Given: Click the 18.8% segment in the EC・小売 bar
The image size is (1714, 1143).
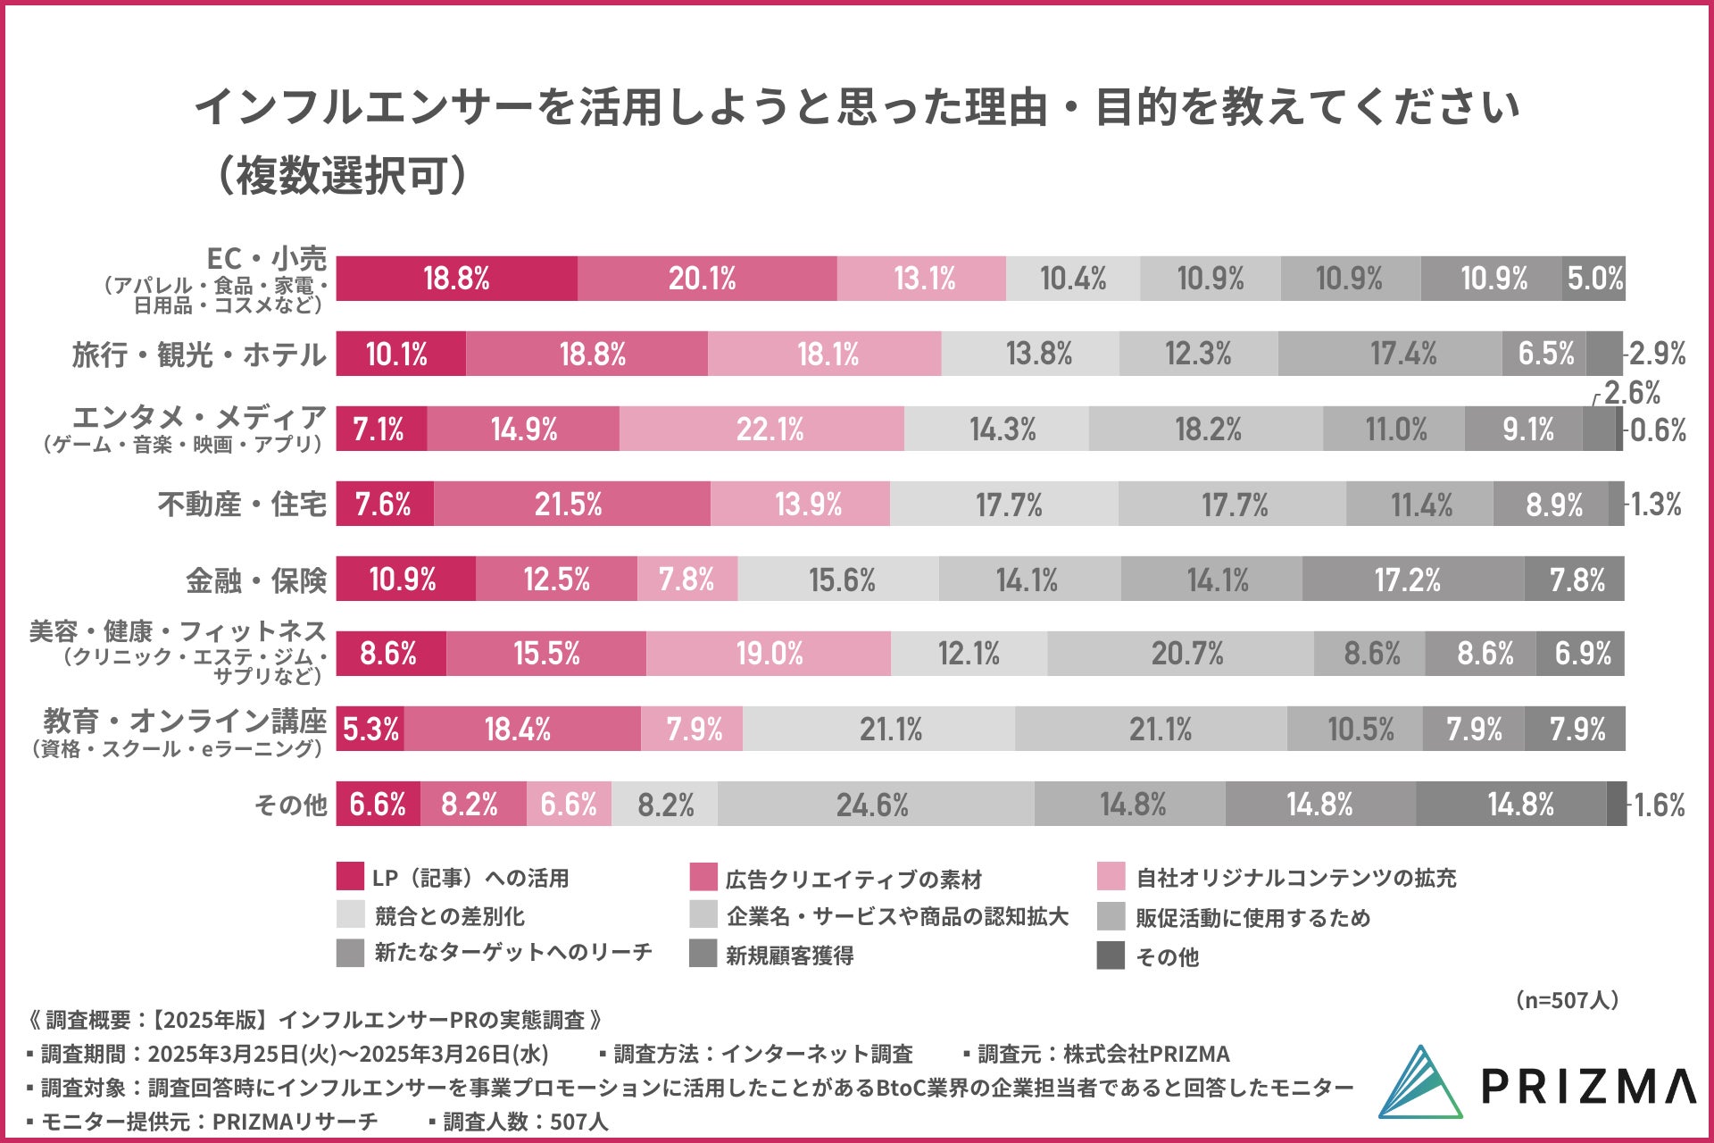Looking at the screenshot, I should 456,279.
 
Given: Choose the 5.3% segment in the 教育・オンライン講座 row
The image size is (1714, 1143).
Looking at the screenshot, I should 370,730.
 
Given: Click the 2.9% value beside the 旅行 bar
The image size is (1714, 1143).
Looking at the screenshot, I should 1658,354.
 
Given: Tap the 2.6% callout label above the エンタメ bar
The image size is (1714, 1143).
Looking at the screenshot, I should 1632,393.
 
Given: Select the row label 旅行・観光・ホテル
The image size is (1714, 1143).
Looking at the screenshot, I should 199,355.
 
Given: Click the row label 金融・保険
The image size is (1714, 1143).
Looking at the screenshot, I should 256,580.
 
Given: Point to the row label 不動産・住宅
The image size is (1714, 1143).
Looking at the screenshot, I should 242,505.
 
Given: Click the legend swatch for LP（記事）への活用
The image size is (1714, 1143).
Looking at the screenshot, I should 350,877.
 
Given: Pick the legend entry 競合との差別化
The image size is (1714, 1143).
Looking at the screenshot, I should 449,916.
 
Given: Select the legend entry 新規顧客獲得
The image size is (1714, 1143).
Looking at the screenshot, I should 789,955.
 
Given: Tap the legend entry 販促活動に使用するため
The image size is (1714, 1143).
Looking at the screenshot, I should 1252,918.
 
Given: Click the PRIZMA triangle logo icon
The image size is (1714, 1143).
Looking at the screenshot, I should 1421,1082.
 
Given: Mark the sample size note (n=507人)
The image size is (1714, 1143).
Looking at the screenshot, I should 1568,1000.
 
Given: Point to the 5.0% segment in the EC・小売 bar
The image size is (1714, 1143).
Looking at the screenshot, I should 1594,279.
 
